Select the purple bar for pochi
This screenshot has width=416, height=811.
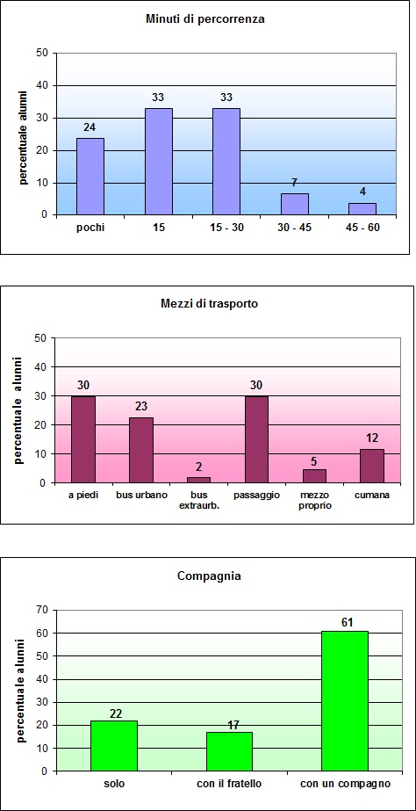(90, 176)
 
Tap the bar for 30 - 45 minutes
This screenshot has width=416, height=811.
(294, 204)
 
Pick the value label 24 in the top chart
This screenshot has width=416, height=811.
(90, 128)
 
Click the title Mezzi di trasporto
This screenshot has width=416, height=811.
(208, 303)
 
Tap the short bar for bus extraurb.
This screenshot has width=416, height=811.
(199, 480)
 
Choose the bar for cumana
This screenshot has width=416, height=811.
(373, 466)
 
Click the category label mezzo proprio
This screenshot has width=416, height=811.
(314, 500)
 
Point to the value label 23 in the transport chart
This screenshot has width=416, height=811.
(140, 408)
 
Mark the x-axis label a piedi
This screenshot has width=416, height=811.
(82, 495)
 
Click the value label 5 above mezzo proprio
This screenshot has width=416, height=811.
(314, 460)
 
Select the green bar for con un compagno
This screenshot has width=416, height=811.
(344, 700)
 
